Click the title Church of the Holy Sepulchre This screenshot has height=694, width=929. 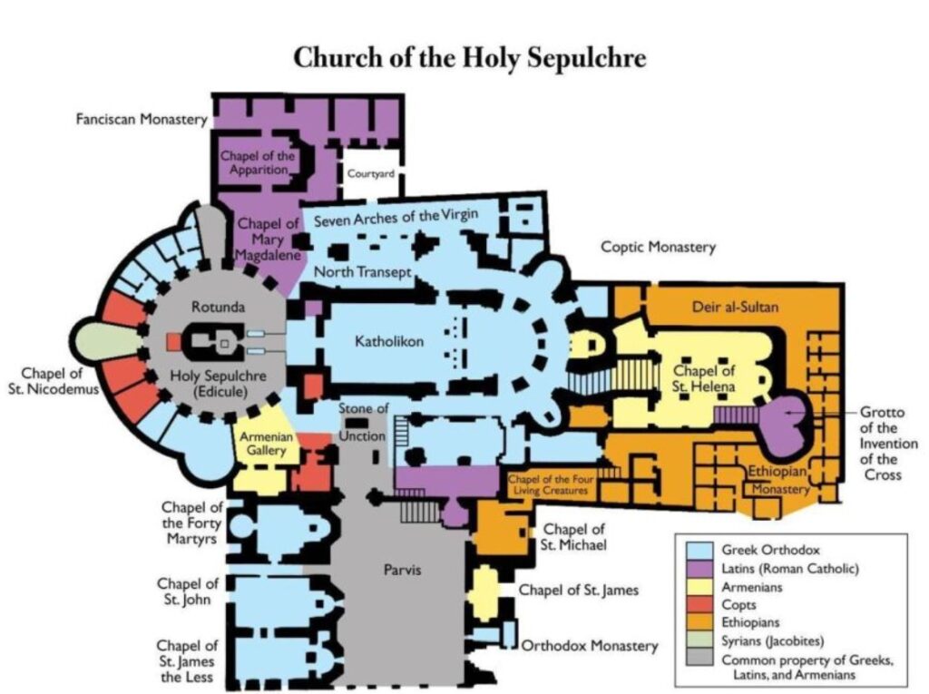469,57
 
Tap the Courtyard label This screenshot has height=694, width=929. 371,175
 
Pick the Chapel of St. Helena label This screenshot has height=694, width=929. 702,379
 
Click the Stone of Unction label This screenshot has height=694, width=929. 364,422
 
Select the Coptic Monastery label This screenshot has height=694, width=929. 658,247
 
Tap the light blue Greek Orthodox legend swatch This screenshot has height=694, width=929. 699,550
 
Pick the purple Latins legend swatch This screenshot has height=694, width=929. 699,569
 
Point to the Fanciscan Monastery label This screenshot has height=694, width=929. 141,120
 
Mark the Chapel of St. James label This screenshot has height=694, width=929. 578,591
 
